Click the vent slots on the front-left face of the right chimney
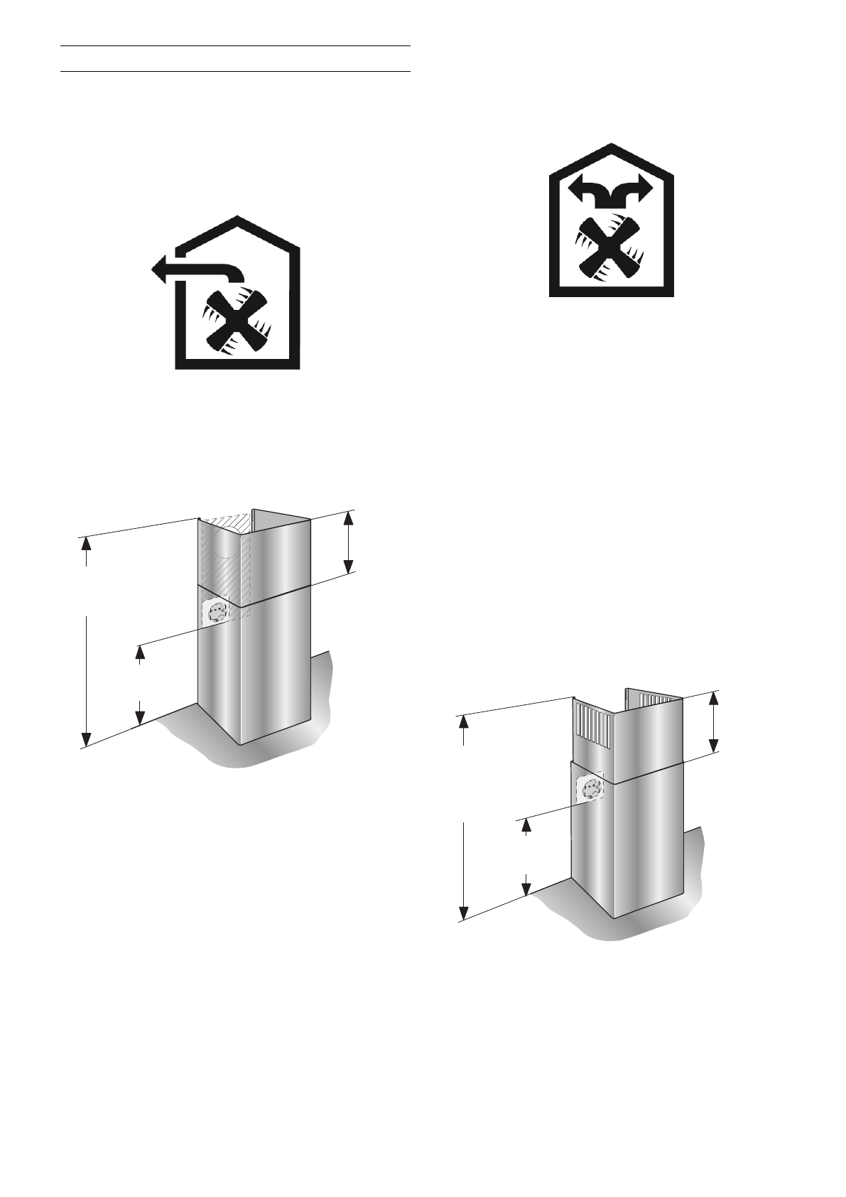click(x=594, y=726)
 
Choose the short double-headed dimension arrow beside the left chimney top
click(x=348, y=542)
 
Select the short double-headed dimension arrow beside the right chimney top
click(x=715, y=721)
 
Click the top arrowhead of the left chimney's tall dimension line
click(x=86, y=544)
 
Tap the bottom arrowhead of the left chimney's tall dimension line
click(x=86, y=739)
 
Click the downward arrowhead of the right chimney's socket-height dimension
click(x=526, y=888)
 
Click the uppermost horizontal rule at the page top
click(x=236, y=46)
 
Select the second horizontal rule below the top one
click(x=236, y=71)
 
